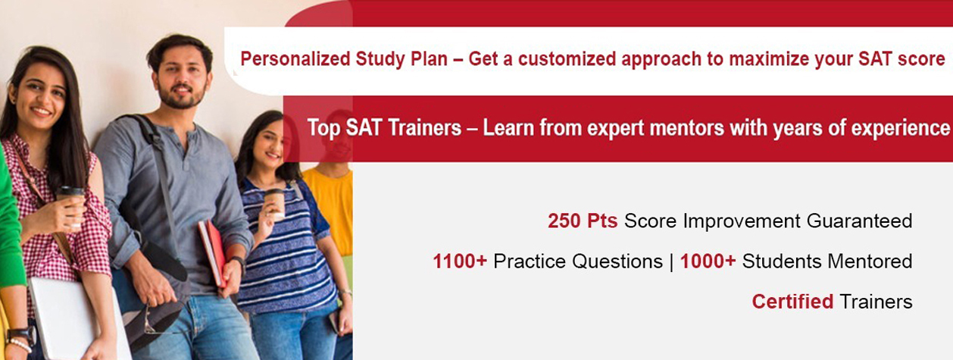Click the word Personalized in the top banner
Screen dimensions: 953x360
pos(295,58)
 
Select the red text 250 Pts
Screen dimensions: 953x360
pos(583,221)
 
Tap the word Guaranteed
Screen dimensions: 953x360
pos(859,221)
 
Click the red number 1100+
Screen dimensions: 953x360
pos(460,261)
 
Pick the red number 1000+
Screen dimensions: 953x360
pos(708,261)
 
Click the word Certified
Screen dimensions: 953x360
pos(792,302)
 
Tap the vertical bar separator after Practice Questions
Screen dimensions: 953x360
pos(671,261)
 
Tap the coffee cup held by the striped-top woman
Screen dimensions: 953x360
pos(275,202)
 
